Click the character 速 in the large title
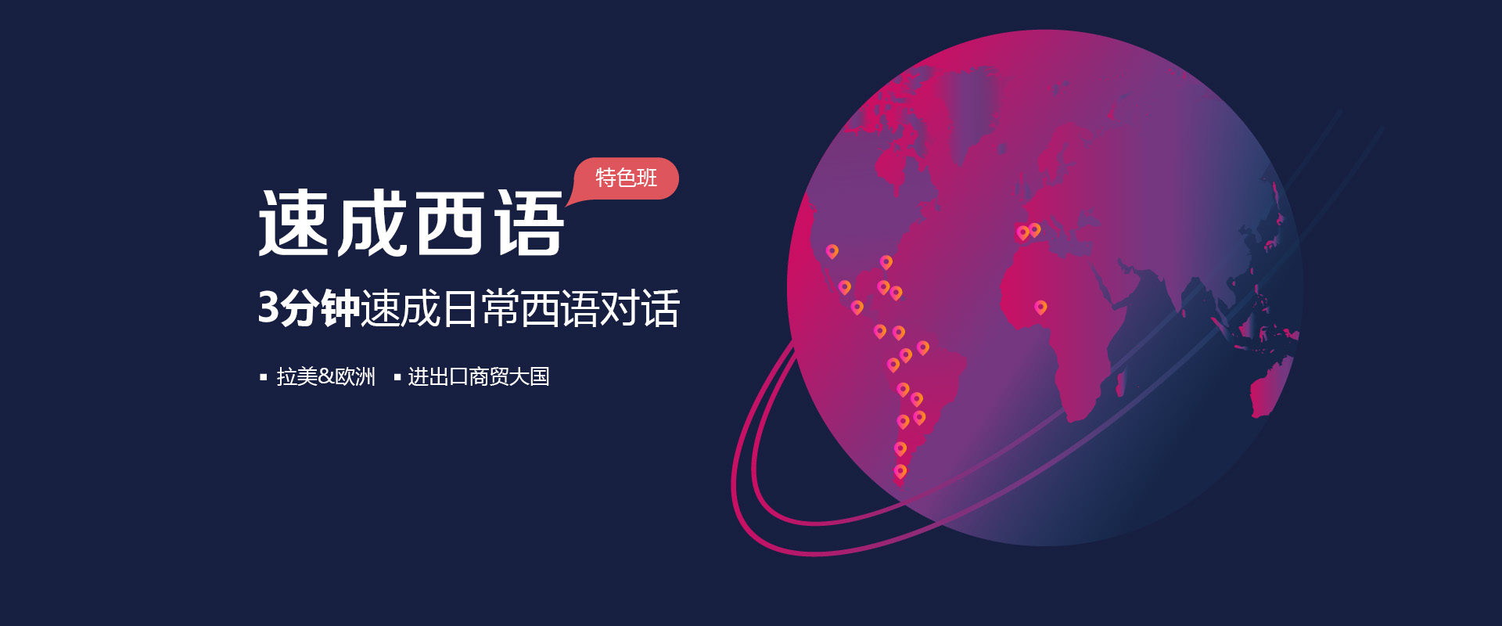click(293, 224)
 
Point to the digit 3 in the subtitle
click(268, 308)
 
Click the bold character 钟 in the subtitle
click(340, 308)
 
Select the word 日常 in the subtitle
click(480, 308)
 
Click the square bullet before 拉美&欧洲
click(264, 377)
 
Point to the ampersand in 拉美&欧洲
click(326, 377)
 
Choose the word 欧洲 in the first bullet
click(355, 377)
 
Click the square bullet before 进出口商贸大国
click(397, 377)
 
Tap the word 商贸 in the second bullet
click(489, 377)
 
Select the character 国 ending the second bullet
click(540, 377)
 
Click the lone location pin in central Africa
click(1040, 308)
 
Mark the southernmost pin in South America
click(900, 472)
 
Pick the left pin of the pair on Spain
click(1022, 233)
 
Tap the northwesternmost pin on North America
click(832, 251)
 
